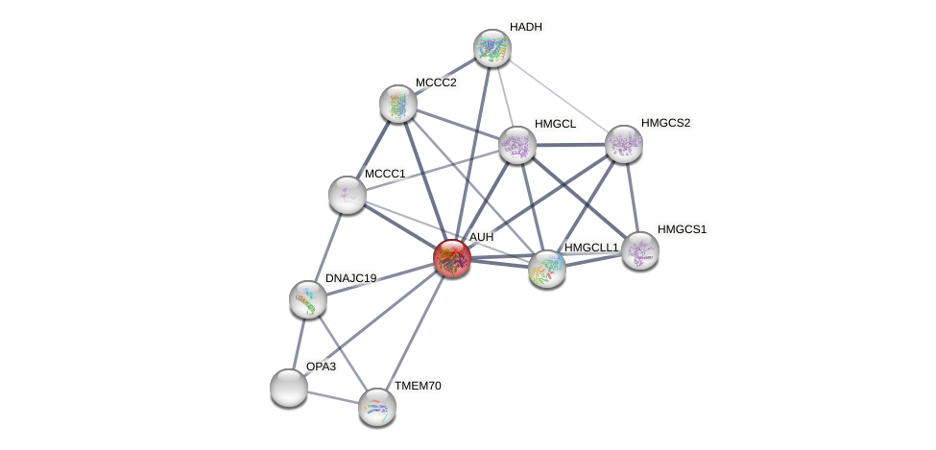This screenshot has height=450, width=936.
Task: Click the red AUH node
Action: tap(451, 257)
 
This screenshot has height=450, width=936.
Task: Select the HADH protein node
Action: tap(492, 48)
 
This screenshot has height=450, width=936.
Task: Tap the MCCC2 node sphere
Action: tap(397, 104)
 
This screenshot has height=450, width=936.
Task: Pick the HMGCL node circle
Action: tap(517, 145)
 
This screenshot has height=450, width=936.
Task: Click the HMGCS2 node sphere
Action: tap(623, 144)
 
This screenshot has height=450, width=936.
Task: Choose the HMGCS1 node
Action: tap(639, 250)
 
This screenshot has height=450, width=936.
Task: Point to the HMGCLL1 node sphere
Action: tap(546, 269)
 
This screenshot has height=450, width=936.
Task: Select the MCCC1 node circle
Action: tap(347, 195)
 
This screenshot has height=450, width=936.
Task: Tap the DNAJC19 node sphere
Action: tap(308, 299)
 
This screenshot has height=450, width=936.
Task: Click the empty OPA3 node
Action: tap(288, 388)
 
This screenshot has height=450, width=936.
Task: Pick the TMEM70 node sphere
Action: tap(376, 407)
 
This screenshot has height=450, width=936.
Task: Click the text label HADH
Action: tap(525, 27)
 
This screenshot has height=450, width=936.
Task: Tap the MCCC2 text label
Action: tap(436, 83)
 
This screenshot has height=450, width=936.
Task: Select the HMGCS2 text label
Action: tap(665, 123)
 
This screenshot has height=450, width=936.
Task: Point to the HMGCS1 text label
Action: tap(682, 229)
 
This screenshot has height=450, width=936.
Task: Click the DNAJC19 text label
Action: tap(350, 278)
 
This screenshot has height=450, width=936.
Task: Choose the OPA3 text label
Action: tap(321, 367)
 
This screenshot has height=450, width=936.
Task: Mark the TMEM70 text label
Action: tap(418, 386)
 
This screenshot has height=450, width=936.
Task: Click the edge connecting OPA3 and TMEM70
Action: tap(332, 397)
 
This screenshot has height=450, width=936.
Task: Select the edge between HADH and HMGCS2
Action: tap(557, 96)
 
